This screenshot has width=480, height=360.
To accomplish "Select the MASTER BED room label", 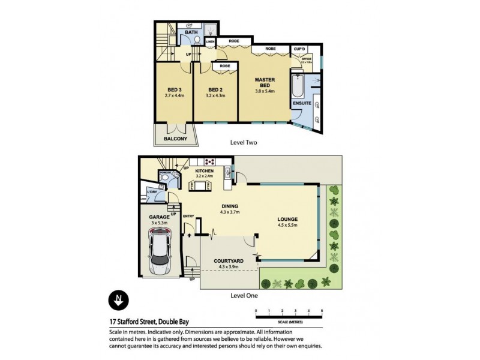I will pyautogui.click(x=265, y=82).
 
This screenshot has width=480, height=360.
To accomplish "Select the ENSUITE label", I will pyautogui.click(x=302, y=103).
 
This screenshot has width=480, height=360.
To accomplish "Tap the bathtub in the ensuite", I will pyautogui.click(x=297, y=87).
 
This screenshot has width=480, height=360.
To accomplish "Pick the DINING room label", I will pyautogui.click(x=230, y=205).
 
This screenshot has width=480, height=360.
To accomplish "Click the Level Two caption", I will pyautogui.click(x=245, y=143).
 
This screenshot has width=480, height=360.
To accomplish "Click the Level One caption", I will pyautogui.click(x=245, y=296).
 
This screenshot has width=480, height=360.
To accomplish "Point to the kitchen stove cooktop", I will pyautogui.click(x=210, y=161).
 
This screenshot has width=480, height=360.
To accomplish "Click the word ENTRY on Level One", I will pyautogui.click(x=188, y=217).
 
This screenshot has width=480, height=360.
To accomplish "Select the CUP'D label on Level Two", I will pyautogui.click(x=298, y=49).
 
